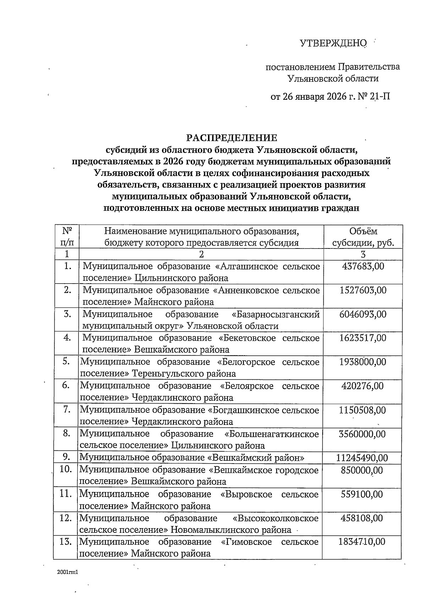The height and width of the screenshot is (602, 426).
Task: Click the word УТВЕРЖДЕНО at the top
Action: pos(333,43)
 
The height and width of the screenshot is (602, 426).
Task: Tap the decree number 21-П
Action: pos(379,96)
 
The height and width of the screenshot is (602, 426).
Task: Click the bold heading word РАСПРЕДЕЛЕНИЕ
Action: pos(232,138)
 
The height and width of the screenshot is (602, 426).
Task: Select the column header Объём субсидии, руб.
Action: pos(363,237)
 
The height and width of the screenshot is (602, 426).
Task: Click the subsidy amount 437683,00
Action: pos(363,266)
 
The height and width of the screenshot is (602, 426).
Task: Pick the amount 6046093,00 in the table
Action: pos(363,314)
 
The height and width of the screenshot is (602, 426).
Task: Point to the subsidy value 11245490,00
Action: pos(362,458)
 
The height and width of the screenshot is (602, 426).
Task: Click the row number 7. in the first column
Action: pos(66,410)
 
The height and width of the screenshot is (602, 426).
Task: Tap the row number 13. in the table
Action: pos(66,542)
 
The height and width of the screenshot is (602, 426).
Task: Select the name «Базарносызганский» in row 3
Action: pos(275,314)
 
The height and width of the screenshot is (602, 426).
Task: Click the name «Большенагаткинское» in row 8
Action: pos(272,434)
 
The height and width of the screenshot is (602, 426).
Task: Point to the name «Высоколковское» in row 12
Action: pos(275,518)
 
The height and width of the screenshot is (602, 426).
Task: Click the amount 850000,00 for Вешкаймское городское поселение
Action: pos(362,470)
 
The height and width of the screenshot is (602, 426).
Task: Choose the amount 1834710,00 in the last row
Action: pos(362,542)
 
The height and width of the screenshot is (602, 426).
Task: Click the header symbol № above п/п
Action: pos(67,231)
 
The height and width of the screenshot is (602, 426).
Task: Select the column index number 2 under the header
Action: pos(202,254)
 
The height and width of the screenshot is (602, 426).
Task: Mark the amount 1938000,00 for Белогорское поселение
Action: pos(363,362)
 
